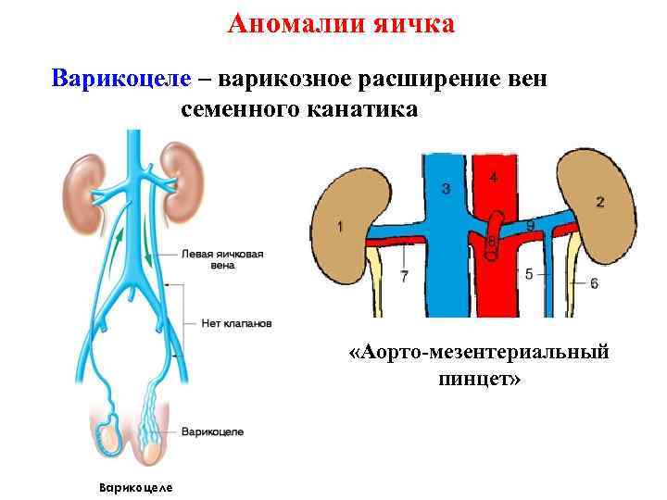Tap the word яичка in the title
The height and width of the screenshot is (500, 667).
click(x=412, y=23)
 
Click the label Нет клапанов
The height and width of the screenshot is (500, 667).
click(x=236, y=324)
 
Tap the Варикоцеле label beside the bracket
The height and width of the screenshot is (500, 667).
click(x=212, y=431)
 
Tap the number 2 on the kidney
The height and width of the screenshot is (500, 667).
click(x=600, y=202)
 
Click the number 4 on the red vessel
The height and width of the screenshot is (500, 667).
click(x=493, y=177)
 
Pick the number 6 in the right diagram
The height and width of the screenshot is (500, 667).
click(x=594, y=282)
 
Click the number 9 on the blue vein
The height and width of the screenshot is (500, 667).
click(x=530, y=225)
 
